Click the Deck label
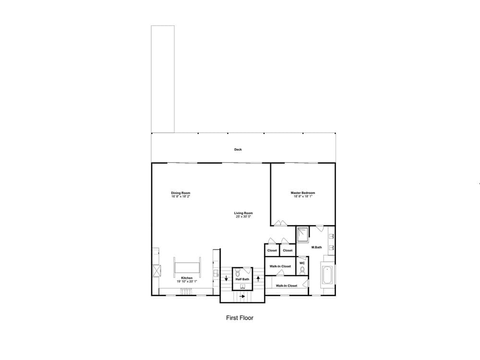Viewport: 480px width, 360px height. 238,149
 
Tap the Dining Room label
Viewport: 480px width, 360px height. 180,193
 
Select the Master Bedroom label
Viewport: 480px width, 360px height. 303,193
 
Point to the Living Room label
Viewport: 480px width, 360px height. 243,213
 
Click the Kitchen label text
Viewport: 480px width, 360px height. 187,278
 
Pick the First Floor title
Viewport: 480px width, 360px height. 240,318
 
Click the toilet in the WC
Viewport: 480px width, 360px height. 302,270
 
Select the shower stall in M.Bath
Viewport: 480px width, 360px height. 303,234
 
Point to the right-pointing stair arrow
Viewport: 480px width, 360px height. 242,297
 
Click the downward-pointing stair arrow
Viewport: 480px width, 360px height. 226,278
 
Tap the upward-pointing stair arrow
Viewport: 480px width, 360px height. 258,278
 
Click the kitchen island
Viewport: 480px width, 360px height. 187,267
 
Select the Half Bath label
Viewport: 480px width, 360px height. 242,279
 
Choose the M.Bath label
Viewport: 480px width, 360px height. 316,247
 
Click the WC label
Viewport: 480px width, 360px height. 302,263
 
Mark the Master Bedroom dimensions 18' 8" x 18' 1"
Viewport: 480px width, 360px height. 303,196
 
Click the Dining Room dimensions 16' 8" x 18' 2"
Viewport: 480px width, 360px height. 180,196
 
